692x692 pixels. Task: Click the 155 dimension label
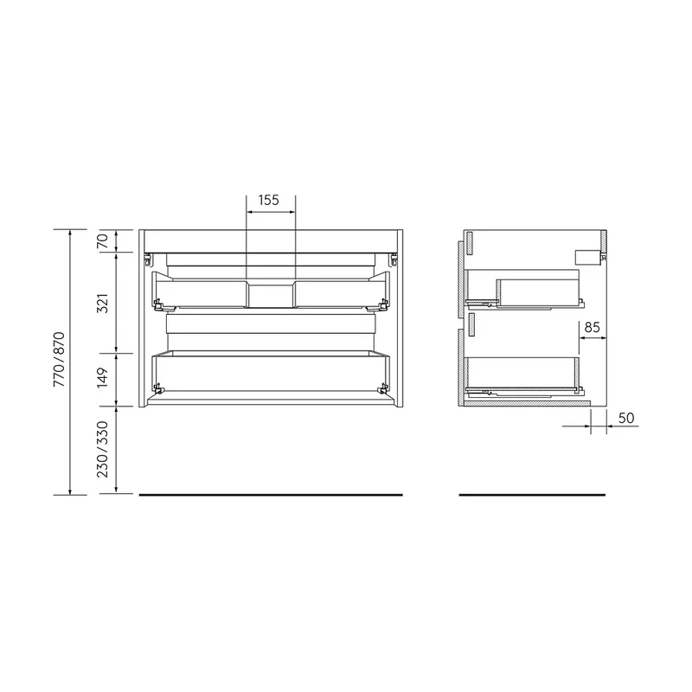click(269, 201)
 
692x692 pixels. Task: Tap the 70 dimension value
click(102, 241)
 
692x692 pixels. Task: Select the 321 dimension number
click(102, 304)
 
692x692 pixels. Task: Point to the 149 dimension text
click(102, 378)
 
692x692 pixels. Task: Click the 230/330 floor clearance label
click(102, 450)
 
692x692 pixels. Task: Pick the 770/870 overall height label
click(59, 360)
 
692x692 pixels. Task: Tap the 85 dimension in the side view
click(593, 328)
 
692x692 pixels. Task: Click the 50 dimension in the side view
click(626, 418)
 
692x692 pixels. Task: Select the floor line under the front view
click(271, 495)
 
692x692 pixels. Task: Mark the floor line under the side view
click(532, 495)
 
